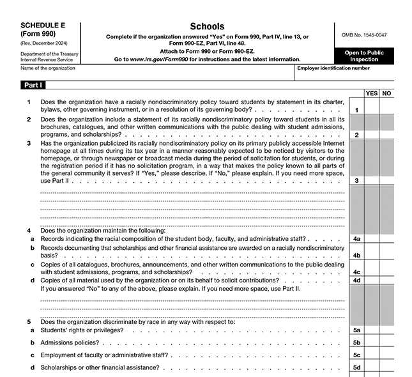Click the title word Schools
(x=207, y=26)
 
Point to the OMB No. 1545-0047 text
(x=365, y=35)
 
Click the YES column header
(x=372, y=93)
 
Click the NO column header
(x=386, y=93)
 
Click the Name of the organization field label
(x=48, y=68)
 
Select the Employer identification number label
(x=333, y=68)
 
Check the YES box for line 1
(x=372, y=110)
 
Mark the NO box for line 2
(x=386, y=135)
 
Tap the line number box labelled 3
(x=356, y=180)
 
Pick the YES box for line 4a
(x=372, y=238)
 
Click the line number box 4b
(x=356, y=255)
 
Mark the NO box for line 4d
(x=386, y=280)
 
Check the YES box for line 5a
(x=372, y=330)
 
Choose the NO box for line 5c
(x=386, y=355)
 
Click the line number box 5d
(x=356, y=367)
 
